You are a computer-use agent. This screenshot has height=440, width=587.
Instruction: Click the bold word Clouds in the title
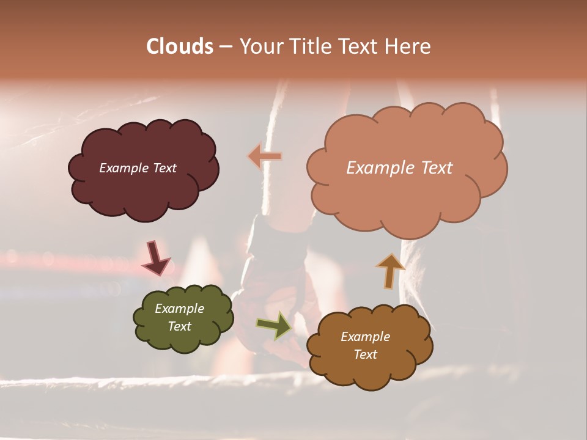pyautogui.click(x=180, y=46)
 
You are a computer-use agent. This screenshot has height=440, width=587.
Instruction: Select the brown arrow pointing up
pyautogui.click(x=390, y=271)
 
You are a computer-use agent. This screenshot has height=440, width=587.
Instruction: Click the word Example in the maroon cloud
pyautogui.click(x=124, y=168)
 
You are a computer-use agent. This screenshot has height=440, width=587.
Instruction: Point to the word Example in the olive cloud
pyautogui.click(x=179, y=309)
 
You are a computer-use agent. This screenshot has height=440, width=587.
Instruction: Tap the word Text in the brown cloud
pyautogui.click(x=365, y=354)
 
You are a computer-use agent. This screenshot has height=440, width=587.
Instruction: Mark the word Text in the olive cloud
pyautogui.click(x=179, y=326)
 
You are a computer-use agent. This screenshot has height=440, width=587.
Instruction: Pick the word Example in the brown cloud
pyautogui.click(x=365, y=337)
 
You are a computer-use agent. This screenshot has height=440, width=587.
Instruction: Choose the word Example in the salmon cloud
pyautogui.click(x=378, y=168)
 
